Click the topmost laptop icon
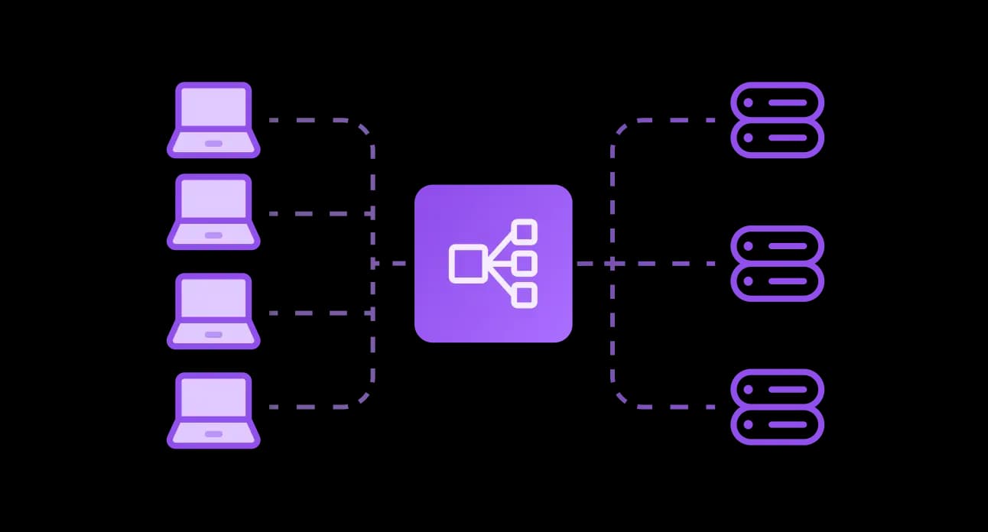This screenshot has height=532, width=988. pyautogui.click(x=213, y=119)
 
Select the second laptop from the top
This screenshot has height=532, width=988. pyautogui.click(x=213, y=212)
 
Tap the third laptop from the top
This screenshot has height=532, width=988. pyautogui.click(x=213, y=311)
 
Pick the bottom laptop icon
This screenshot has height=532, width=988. pyautogui.click(x=213, y=410)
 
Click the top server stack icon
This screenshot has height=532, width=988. pyautogui.click(x=777, y=120)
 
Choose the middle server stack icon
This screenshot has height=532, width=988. pyautogui.click(x=777, y=263)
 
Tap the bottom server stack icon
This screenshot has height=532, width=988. pyautogui.click(x=777, y=407)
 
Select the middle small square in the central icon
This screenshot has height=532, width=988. pyautogui.click(x=525, y=264)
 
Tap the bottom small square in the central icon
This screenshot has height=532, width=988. pyautogui.click(x=525, y=295)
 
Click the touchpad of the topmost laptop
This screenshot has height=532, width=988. pyautogui.click(x=213, y=144)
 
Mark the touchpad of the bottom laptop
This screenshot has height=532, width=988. pyautogui.click(x=213, y=434)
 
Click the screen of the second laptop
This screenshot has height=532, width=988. pyautogui.click(x=213, y=201)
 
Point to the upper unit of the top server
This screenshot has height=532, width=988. pyautogui.click(x=777, y=102)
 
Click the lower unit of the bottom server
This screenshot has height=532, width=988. pyautogui.click(x=777, y=425)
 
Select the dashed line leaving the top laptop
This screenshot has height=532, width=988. pyautogui.click(x=306, y=120)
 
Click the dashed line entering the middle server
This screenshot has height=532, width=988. pyautogui.click(x=673, y=264)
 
